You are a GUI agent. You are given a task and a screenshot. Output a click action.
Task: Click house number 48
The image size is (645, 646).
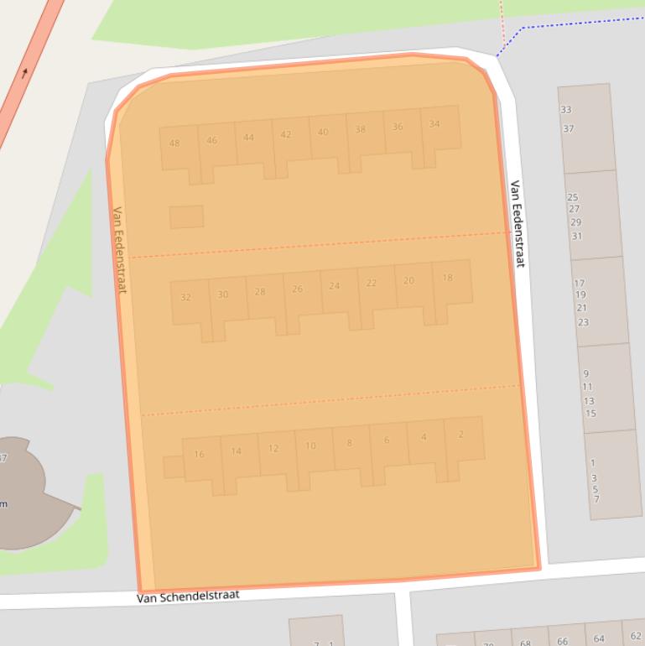(x=174, y=143)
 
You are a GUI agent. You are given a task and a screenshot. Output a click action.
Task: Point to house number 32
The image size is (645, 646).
(x=186, y=297)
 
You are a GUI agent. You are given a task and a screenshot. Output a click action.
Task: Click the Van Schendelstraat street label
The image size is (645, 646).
(x=189, y=596)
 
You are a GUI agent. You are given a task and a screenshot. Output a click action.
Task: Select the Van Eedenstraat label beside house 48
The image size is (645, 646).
(x=118, y=249)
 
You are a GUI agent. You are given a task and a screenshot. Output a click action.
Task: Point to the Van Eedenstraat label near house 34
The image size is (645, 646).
(x=517, y=224)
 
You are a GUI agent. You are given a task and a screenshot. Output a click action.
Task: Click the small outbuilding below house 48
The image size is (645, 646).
(x=186, y=216)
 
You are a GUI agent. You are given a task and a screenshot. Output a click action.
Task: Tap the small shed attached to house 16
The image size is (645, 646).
(x=173, y=466)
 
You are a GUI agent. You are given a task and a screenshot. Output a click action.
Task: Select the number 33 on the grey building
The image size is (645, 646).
(x=566, y=110)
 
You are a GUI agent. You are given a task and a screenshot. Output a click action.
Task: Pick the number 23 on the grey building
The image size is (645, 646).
(x=583, y=322)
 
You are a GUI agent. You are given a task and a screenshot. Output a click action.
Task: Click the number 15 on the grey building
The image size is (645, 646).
(x=590, y=413)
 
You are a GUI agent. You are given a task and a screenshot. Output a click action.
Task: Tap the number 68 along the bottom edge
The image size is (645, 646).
(x=525, y=643)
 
